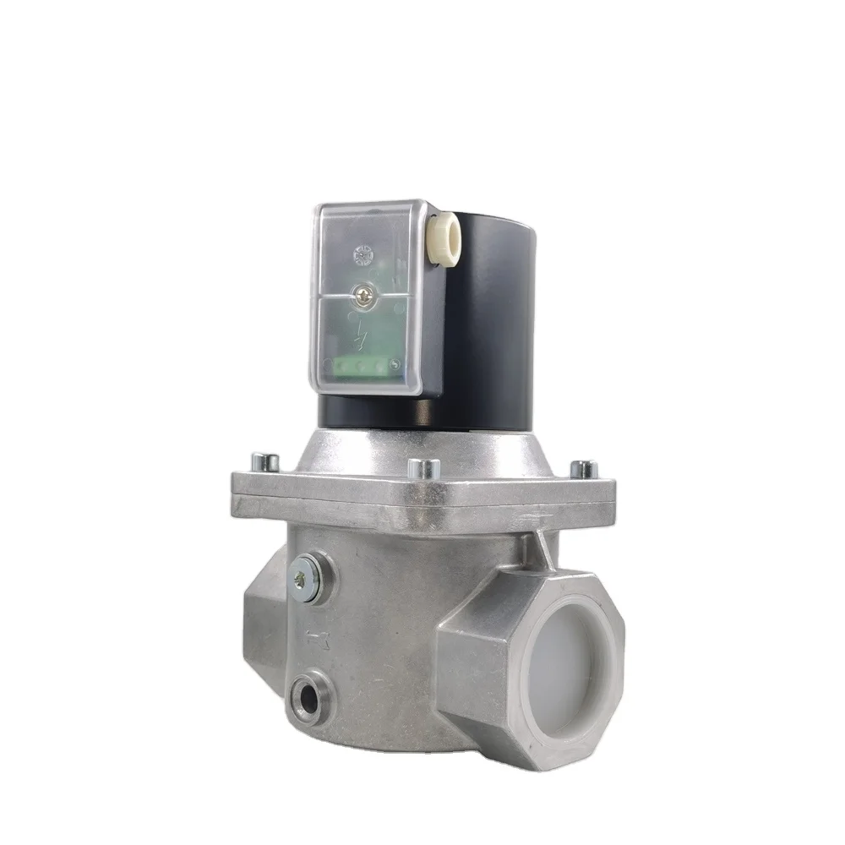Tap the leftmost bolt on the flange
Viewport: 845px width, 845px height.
point(267,462)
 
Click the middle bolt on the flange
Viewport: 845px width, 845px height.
point(423,468)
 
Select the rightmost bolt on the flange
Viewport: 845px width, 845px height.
point(584,469)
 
